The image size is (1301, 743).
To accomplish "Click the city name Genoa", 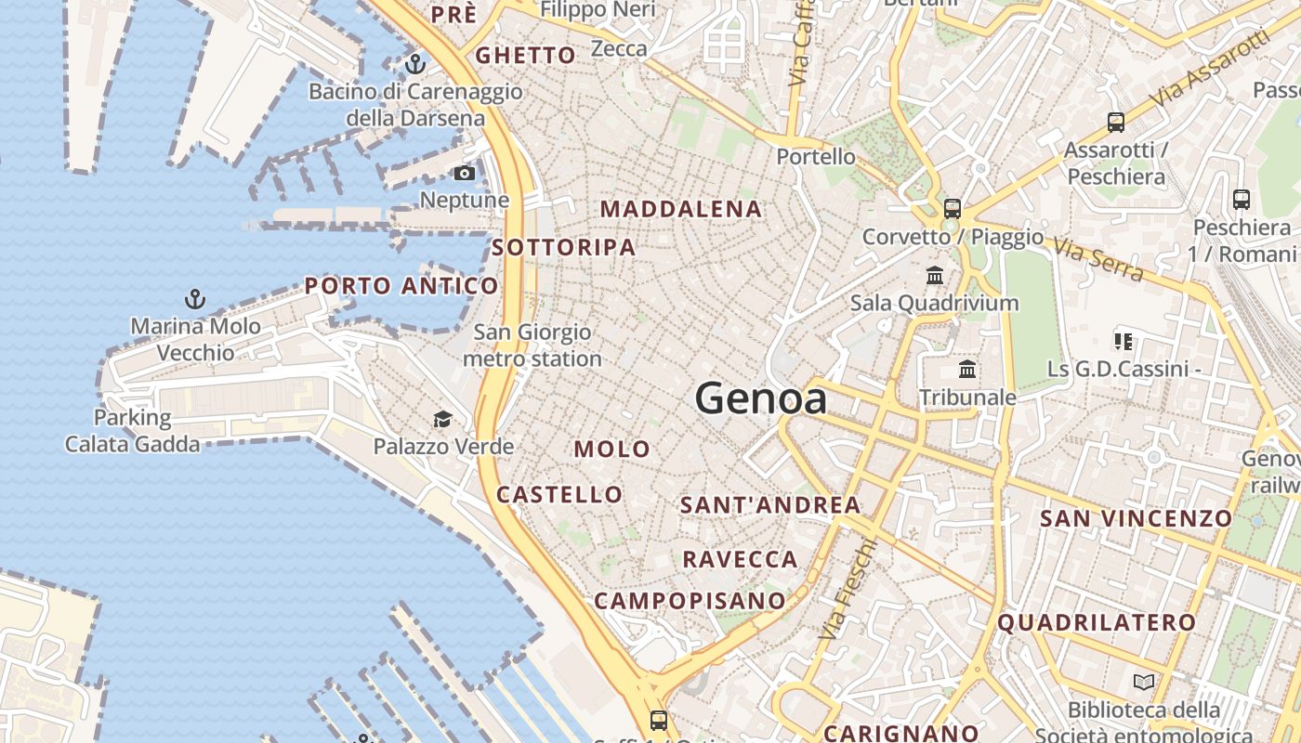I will pyautogui.click(x=760, y=399).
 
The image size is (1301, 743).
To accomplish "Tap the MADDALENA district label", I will pyautogui.click(x=681, y=209).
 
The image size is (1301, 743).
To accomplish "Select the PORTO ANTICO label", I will pyautogui.click(x=401, y=286).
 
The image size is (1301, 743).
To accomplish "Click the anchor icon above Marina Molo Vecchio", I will pyautogui.click(x=194, y=299).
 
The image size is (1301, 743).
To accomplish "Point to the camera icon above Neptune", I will pyautogui.click(x=464, y=174).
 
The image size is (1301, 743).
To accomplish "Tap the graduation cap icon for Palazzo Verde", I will pyautogui.click(x=442, y=420).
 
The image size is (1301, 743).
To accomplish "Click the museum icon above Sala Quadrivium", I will pyautogui.click(x=935, y=276).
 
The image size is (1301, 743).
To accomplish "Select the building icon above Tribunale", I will pyautogui.click(x=967, y=370).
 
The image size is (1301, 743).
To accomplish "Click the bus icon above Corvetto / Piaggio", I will pyautogui.click(x=952, y=209).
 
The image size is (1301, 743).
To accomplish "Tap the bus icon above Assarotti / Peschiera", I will pyautogui.click(x=1115, y=122).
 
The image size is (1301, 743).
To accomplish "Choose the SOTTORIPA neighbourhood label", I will pyautogui.click(x=564, y=247).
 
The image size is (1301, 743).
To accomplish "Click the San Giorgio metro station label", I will pyautogui.click(x=532, y=345).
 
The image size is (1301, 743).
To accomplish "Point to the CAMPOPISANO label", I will pyautogui.click(x=690, y=601).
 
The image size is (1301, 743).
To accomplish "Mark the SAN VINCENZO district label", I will pyautogui.click(x=1136, y=518).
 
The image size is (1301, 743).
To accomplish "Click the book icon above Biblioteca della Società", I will pyautogui.click(x=1144, y=683).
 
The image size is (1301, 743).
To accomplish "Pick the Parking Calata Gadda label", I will pyautogui.click(x=132, y=431).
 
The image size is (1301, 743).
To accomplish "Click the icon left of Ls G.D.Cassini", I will pyautogui.click(x=1124, y=342).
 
